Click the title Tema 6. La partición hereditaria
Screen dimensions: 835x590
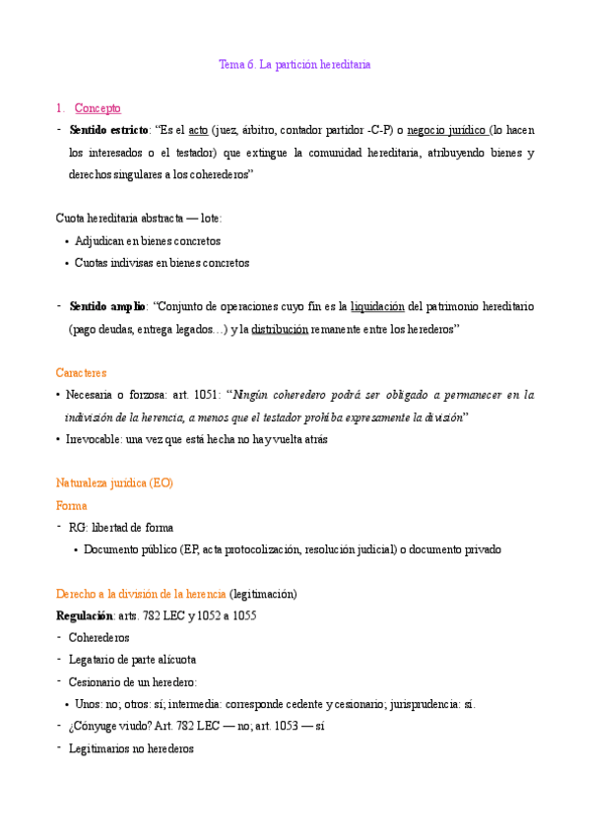294,64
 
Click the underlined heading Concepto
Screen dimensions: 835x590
98,108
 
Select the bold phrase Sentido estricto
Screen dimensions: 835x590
108,130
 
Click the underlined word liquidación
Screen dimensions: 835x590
377,306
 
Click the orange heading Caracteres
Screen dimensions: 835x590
81,373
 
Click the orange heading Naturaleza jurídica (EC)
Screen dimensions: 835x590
114,482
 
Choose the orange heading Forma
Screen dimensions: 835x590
71,505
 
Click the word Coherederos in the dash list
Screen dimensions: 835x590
98,637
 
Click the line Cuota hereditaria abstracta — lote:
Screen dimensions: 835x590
139,218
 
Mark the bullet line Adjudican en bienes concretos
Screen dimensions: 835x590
148,240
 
